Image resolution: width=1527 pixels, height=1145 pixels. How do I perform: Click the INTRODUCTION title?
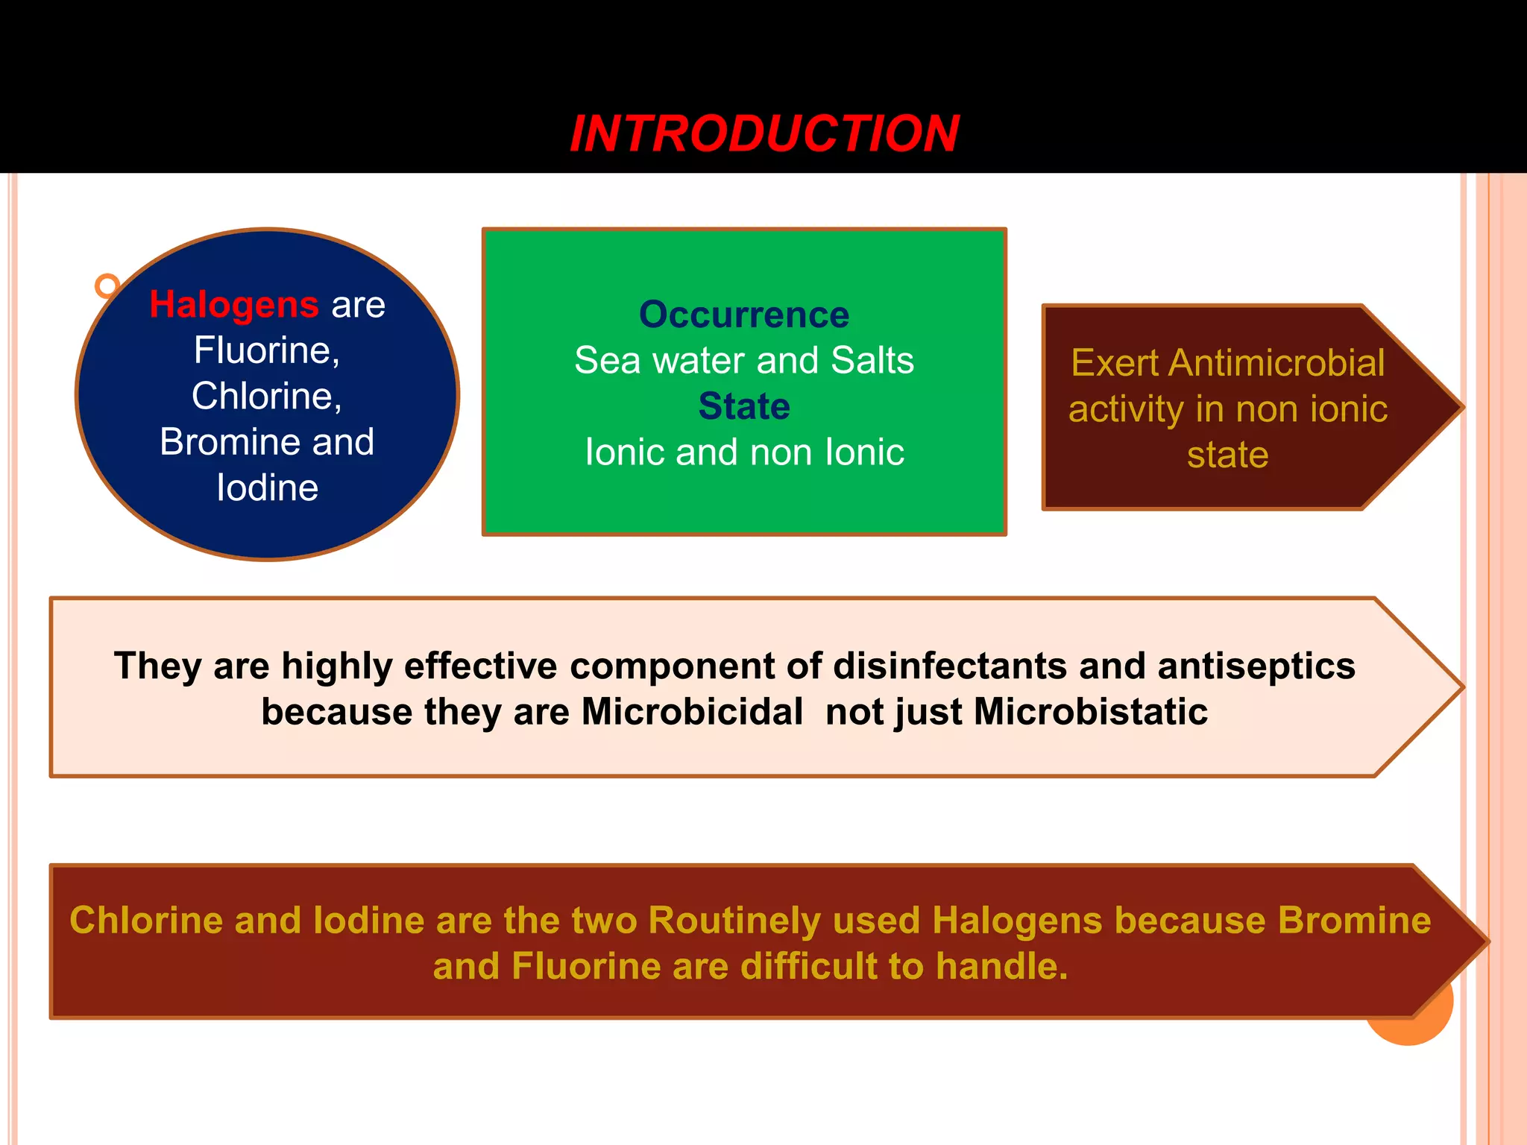click(x=763, y=134)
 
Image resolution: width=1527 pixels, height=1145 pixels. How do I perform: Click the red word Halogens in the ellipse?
click(x=234, y=305)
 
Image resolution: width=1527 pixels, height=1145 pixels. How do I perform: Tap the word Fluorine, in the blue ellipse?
click(x=267, y=350)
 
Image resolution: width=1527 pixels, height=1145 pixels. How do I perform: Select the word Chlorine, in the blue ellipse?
click(x=267, y=396)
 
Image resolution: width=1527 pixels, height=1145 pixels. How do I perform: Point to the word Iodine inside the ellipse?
click(x=267, y=488)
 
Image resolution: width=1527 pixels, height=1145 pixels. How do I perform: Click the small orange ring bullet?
click(x=107, y=286)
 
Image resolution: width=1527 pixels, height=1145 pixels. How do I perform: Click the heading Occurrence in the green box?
click(x=744, y=315)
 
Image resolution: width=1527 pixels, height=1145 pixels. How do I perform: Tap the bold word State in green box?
click(x=744, y=406)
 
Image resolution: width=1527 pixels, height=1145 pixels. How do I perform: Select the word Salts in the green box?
click(x=872, y=361)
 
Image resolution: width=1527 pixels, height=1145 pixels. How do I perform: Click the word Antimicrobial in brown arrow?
click(x=1276, y=364)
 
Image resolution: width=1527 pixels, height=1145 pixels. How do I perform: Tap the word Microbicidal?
click(x=692, y=712)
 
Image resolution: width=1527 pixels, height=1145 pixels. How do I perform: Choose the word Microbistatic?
click(x=1090, y=712)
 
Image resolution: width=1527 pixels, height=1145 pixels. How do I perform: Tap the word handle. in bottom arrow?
click(x=1001, y=967)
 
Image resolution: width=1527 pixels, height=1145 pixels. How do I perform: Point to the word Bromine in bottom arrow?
click(x=1354, y=921)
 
